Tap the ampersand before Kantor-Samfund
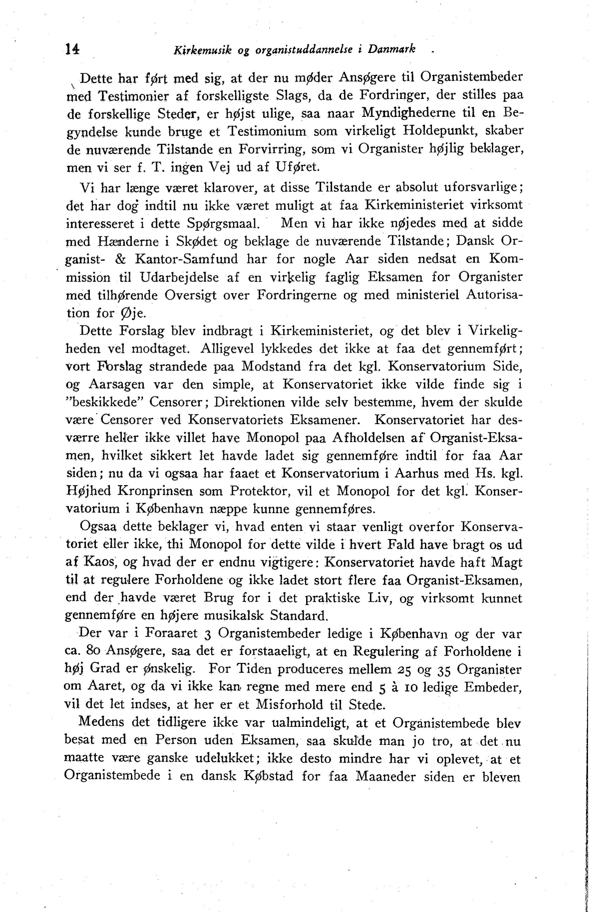point(120,259)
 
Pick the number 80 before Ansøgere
point(94,651)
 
